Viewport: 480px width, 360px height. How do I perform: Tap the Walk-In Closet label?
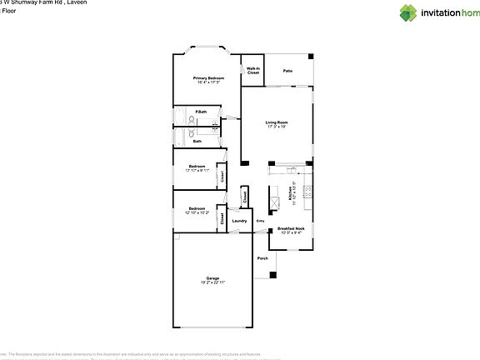pyautogui.click(x=252, y=71)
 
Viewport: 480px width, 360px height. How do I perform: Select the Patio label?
pyautogui.click(x=287, y=71)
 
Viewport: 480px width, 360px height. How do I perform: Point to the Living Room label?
pyautogui.click(x=276, y=122)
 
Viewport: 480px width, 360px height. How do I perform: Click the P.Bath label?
pyautogui.click(x=201, y=112)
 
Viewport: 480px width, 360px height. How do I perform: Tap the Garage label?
pyautogui.click(x=212, y=278)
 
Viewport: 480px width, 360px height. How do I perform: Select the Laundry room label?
pyautogui.click(x=239, y=221)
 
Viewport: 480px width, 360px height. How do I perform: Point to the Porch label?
pyautogui.click(x=262, y=258)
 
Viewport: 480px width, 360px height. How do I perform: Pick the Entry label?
pyautogui.click(x=260, y=221)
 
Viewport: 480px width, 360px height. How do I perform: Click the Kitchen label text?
pyautogui.click(x=290, y=193)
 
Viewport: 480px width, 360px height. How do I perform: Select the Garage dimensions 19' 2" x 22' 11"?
pyautogui.click(x=212, y=283)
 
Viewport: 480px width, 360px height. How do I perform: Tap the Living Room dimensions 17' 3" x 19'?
pyautogui.click(x=276, y=127)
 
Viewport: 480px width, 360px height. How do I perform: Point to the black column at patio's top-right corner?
pyautogui.click(x=311, y=57)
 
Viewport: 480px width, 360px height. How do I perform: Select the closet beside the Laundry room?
pyautogui.click(x=244, y=197)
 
